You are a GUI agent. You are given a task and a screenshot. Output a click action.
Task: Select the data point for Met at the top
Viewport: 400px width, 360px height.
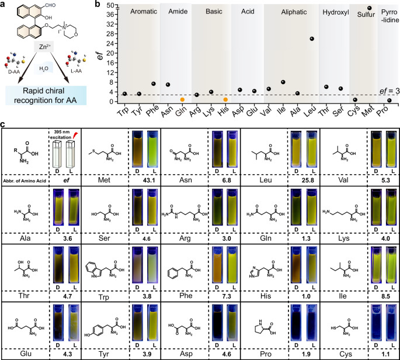coord(369,8)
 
